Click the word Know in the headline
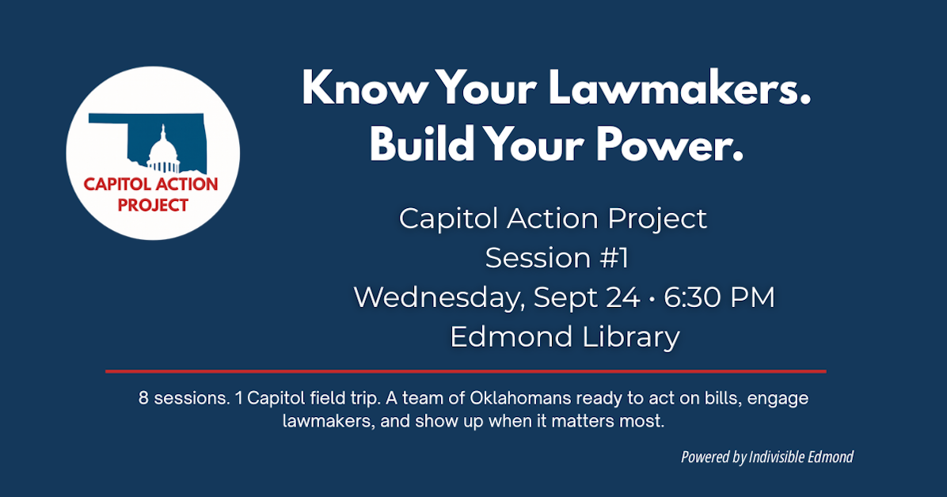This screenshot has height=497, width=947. click(362, 89)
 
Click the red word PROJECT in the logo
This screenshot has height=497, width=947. click(153, 205)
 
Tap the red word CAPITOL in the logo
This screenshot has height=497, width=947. click(115, 185)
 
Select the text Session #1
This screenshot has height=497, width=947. click(557, 258)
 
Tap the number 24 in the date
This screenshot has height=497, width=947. click(625, 298)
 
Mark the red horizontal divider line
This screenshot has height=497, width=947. click(466, 370)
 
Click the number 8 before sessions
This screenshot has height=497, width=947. click(143, 398)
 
